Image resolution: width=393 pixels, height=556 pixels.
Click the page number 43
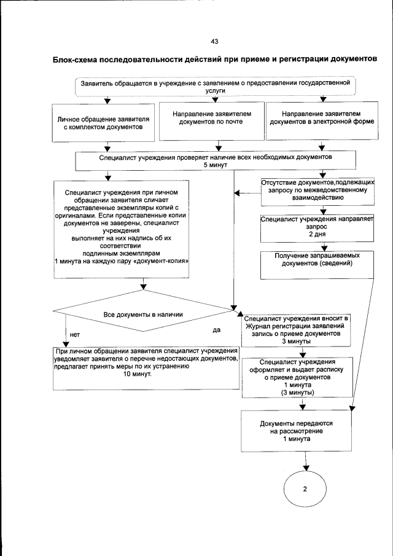tap(214, 42)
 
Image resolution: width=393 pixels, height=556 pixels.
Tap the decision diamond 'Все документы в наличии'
tap(143, 314)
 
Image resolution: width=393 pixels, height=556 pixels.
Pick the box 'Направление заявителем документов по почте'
tap(211, 118)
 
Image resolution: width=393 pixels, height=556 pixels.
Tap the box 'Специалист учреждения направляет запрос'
tap(316, 227)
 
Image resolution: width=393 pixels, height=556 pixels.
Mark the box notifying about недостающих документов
tap(146, 367)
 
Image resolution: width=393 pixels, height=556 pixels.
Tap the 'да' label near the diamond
tap(216, 330)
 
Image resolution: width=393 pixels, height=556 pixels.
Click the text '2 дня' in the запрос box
tap(316, 235)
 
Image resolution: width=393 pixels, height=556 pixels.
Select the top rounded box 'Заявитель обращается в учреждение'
tap(216, 86)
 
